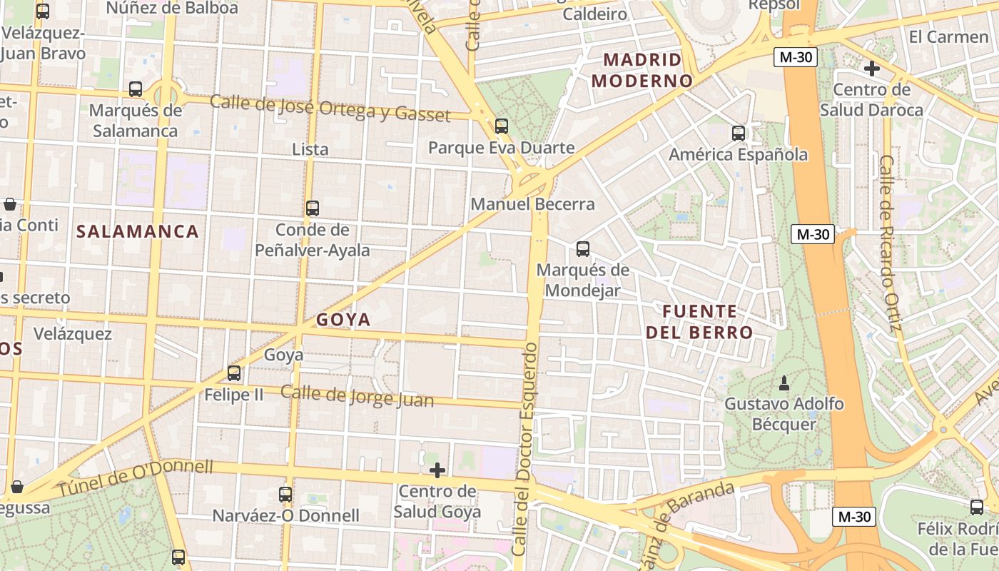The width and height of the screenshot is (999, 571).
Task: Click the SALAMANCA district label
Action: pos(138,231)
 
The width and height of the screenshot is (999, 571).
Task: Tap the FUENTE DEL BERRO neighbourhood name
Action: pos(699,322)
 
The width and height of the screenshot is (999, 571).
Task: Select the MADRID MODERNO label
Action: pos(642,70)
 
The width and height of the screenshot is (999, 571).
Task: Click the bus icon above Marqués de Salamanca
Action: pos(136,89)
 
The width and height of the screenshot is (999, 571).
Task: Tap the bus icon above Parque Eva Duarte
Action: pos(502,126)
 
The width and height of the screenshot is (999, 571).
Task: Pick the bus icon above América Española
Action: pos(739,133)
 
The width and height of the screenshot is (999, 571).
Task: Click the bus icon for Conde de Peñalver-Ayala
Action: pos(313,208)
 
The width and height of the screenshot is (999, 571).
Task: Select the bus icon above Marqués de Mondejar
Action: pos(583,249)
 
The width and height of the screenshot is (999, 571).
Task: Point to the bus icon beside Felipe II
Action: pos(234,373)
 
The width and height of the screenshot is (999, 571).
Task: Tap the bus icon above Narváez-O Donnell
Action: pos(285,494)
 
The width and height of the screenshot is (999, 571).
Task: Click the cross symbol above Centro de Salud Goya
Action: pos(437,470)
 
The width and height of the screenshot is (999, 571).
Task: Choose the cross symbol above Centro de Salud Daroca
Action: pos(871,69)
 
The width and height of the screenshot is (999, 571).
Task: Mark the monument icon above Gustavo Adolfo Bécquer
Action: pos(784,383)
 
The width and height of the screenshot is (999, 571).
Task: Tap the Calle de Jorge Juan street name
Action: pos(357,396)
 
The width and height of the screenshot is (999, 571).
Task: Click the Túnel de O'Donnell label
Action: pos(136,478)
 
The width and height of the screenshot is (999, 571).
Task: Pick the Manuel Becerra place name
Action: pos(532,204)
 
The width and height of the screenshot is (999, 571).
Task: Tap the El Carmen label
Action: pos(948,36)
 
